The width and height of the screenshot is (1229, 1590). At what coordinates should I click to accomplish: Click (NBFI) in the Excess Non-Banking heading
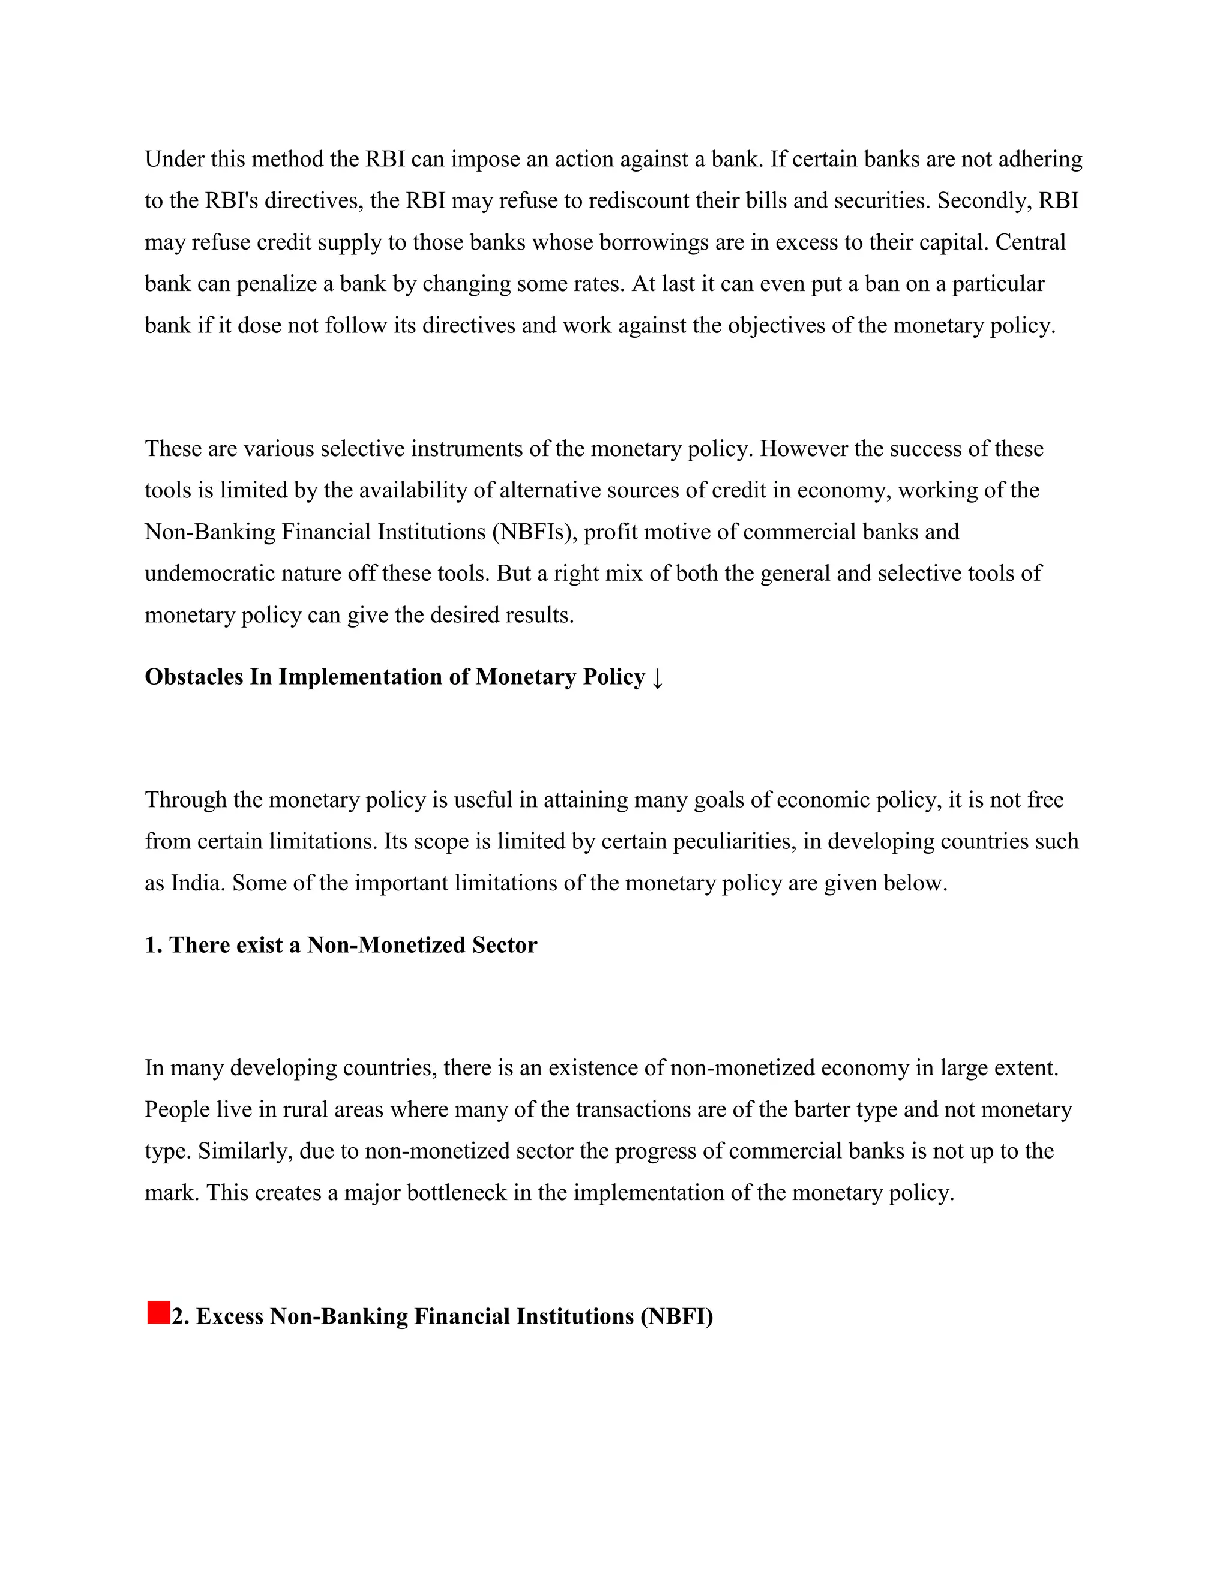coord(676,1316)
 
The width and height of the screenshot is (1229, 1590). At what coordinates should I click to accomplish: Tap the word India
coord(197,883)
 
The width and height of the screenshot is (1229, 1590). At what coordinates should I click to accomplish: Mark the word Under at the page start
coord(174,159)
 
